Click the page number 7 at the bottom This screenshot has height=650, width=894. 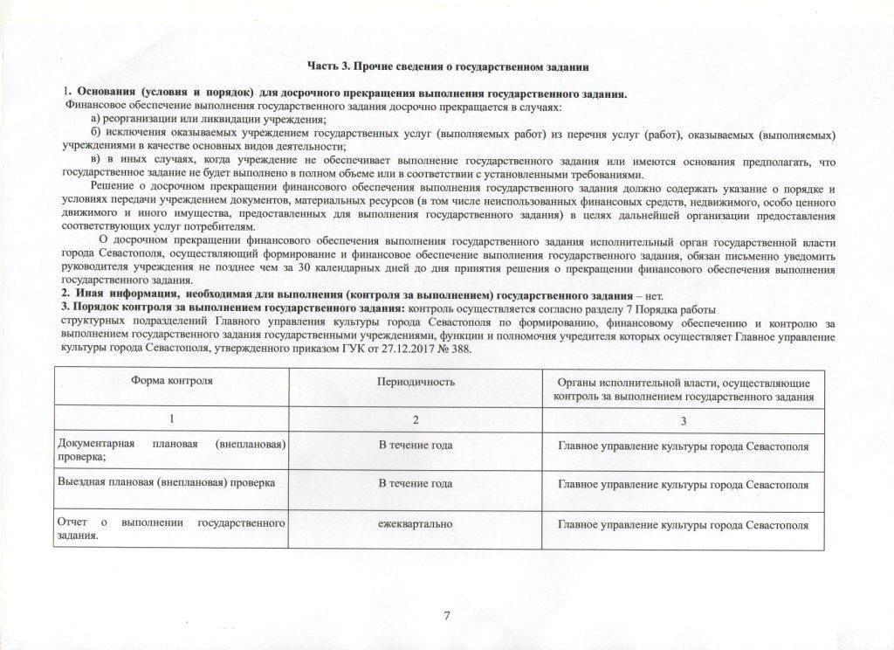pyautogui.click(x=447, y=616)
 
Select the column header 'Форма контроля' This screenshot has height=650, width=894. pyautogui.click(x=172, y=383)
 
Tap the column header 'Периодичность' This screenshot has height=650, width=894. pyautogui.click(x=416, y=383)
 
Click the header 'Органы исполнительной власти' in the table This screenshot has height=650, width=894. pyautogui.click(x=684, y=390)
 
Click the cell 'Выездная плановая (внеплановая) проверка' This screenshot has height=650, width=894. pyautogui.click(x=166, y=482)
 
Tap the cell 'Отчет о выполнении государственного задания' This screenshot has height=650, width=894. pyautogui.click(x=172, y=529)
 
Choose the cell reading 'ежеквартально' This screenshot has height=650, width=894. pyautogui.click(x=416, y=522)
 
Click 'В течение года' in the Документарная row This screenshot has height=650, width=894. pyautogui.click(x=416, y=446)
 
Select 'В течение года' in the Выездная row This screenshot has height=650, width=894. pyautogui.click(x=416, y=483)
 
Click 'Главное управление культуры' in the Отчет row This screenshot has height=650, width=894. pyautogui.click(x=684, y=525)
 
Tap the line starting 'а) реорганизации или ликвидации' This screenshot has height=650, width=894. pyautogui.click(x=209, y=120)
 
